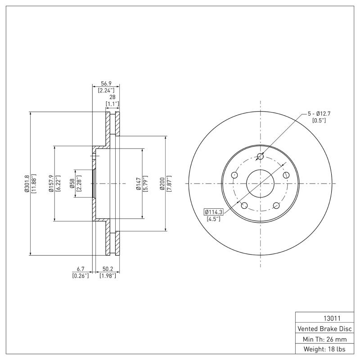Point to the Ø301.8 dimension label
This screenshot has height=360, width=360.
tap(26, 184)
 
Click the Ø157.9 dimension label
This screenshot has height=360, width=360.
tap(51, 184)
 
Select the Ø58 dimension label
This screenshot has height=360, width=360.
tap(72, 184)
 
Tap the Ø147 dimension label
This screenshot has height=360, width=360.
tap(139, 184)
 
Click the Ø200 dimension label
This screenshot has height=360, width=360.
tap(162, 184)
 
